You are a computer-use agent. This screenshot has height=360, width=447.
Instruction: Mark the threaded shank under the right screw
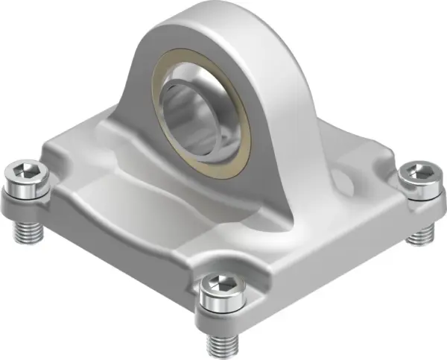[419, 233]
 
